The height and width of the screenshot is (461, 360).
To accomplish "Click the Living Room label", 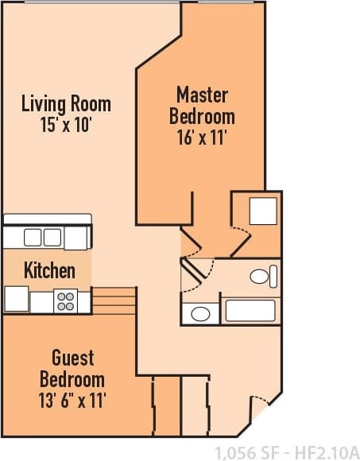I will coord(66,103).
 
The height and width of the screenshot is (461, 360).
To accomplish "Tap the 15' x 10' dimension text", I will coord(66,124).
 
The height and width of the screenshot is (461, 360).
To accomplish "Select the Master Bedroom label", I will coord(202,106).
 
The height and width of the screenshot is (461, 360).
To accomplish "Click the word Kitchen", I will coord(49,270).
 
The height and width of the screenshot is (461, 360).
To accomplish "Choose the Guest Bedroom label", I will coord(72,368).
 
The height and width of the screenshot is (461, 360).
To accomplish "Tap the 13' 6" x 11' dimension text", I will coord(72,399).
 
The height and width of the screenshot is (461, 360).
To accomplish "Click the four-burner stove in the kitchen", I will coord(65,301).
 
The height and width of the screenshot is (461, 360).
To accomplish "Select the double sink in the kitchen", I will coord(43,237).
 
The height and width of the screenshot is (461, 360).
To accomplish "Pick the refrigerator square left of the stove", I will coord(17,299).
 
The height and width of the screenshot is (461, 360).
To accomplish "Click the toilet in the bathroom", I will coord(261,277).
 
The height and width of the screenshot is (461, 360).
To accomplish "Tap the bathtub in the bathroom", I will coord(250,311).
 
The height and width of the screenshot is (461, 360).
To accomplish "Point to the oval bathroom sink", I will coord(201,314).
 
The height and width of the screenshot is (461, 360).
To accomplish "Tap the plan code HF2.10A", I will coord(328,451).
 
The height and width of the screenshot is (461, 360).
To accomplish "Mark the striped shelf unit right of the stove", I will coord(114,300).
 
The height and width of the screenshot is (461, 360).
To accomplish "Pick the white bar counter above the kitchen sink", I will coord(48,219).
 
